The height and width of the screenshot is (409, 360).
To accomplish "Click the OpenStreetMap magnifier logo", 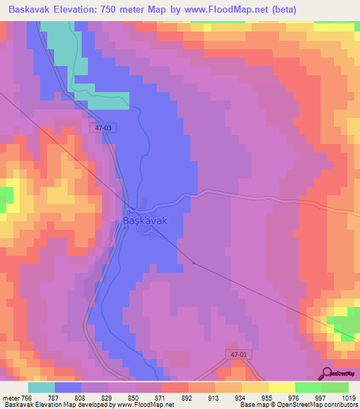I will [x=325, y=373].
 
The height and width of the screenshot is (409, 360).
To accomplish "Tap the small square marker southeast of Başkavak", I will [x=193, y=264].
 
